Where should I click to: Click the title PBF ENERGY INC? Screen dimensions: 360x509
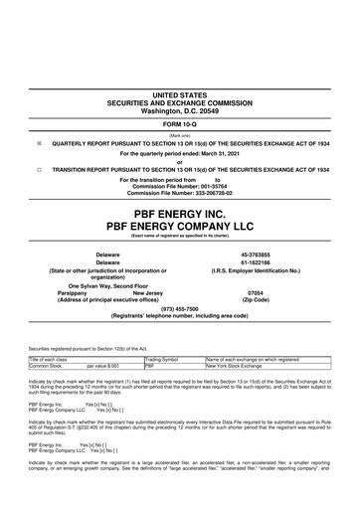[x=180, y=212]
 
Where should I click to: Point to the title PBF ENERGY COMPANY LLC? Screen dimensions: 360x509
[x=180, y=228]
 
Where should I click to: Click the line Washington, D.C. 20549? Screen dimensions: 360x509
[x=180, y=108]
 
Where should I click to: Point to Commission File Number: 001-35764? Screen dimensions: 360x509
[x=180, y=186]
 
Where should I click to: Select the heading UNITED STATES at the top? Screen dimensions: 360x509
[x=180, y=93]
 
